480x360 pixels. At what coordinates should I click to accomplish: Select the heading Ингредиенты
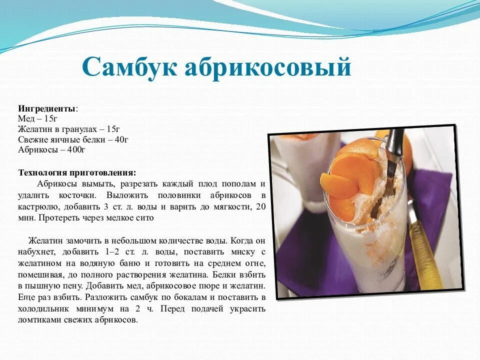[47, 108]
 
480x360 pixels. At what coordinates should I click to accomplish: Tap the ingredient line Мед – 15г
[38, 118]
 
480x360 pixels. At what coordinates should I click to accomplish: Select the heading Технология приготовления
[77, 172]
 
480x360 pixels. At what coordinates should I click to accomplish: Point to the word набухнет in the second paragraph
[35, 251]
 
